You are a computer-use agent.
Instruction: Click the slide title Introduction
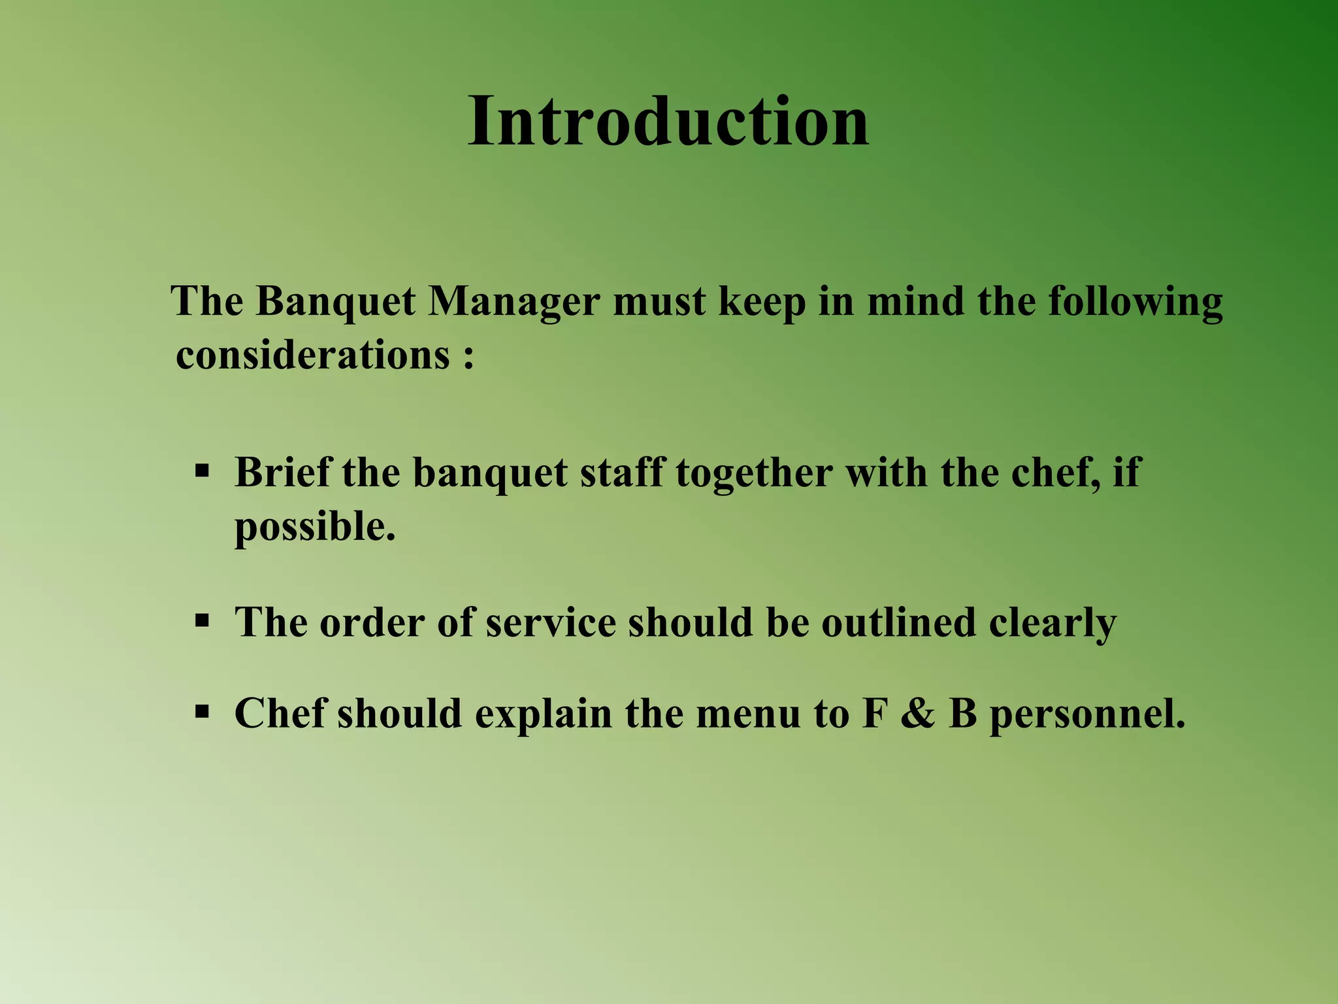point(668,122)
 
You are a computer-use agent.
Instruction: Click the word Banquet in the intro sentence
point(335,302)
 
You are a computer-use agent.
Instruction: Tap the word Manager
point(514,303)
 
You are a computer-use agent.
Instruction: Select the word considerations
point(313,356)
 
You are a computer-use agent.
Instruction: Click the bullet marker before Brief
point(202,470)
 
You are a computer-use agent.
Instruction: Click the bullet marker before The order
point(202,619)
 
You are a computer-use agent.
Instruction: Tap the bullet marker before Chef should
point(202,711)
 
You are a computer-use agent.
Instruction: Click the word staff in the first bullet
point(622,471)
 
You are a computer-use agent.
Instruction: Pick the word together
point(755,473)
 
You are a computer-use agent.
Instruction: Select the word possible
point(315,527)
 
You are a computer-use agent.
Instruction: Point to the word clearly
point(1052,623)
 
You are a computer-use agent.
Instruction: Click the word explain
point(543,714)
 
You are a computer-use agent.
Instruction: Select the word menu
point(747,713)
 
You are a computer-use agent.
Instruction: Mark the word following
point(1135,303)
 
